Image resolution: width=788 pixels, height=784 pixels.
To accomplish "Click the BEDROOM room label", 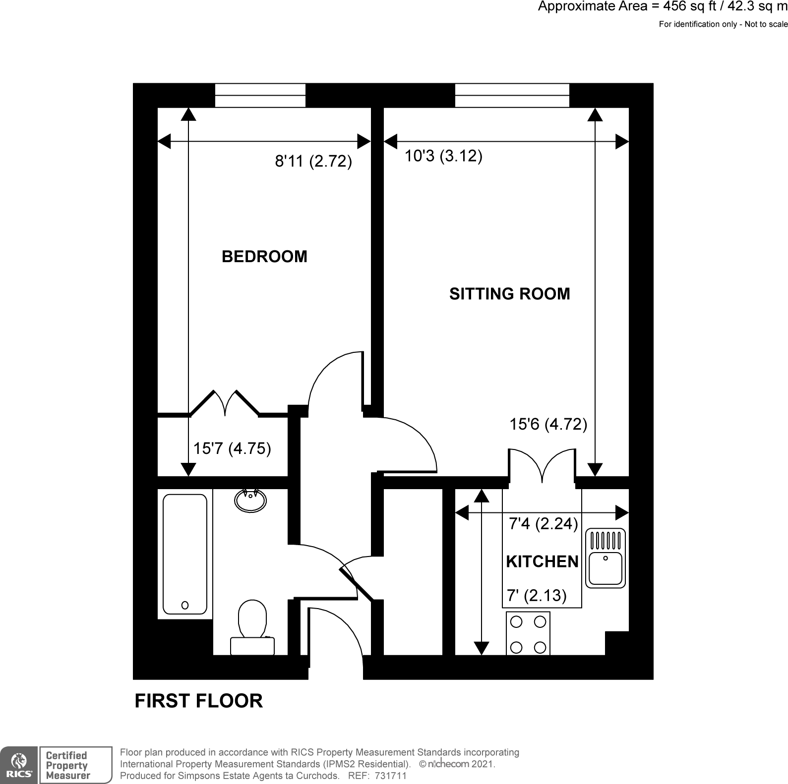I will [264, 257].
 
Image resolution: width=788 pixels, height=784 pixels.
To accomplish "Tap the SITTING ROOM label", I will [509, 294].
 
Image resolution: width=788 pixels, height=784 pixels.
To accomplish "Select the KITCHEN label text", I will [542, 561].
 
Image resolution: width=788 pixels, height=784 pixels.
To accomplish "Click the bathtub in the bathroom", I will [185, 554].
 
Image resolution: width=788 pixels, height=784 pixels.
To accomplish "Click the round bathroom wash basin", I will [250, 500].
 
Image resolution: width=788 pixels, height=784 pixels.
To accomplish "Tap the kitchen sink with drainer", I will [606, 559].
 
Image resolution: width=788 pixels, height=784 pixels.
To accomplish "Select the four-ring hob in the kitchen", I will [528, 634].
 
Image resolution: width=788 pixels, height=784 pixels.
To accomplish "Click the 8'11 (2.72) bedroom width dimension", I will [313, 161].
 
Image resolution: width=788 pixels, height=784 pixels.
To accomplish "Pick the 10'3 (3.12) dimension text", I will [443, 156].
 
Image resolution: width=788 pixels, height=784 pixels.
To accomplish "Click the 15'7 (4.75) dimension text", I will [232, 448].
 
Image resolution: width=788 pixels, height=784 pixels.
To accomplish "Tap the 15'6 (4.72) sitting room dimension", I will [548, 424].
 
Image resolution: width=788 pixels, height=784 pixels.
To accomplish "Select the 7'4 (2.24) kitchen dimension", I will [543, 524].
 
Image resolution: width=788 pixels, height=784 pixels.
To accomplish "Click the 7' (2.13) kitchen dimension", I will [536, 595].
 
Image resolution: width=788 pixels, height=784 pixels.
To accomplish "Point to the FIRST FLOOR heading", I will [199, 701].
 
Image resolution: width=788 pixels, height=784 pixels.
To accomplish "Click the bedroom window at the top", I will [260, 95].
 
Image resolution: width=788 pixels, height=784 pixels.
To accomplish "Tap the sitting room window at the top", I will [512, 95].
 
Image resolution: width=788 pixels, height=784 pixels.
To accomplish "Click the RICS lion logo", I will [18, 765].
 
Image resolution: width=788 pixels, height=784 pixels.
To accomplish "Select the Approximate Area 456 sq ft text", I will [662, 6].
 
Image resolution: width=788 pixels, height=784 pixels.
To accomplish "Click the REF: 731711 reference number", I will [377, 776].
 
